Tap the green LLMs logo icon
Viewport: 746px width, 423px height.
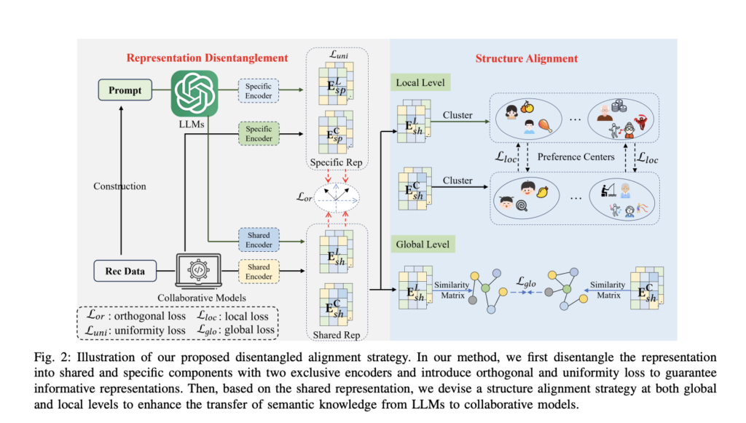pyautogui.click(x=194, y=92)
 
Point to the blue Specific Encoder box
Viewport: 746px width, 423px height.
pyautogui.click(x=259, y=91)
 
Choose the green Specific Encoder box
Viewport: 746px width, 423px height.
pyautogui.click(x=259, y=134)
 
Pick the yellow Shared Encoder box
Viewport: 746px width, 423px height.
pyautogui.click(x=259, y=272)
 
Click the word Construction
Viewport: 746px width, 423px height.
pyautogui.click(x=119, y=186)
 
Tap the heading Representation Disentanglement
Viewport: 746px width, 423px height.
pyautogui.click(x=207, y=58)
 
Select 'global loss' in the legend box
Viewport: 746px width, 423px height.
pyautogui.click(x=249, y=330)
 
